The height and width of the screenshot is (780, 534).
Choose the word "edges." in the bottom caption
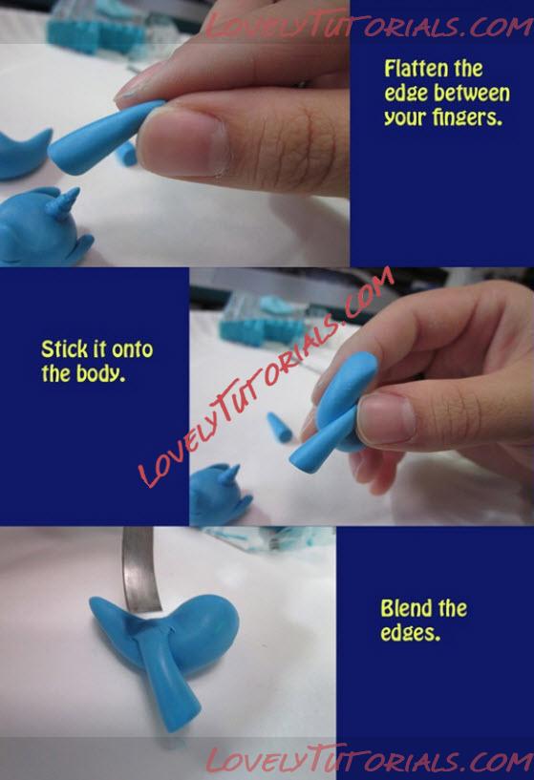[411, 633]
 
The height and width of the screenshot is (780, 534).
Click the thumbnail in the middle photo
[385, 419]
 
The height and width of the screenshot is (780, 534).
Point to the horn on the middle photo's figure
[229, 475]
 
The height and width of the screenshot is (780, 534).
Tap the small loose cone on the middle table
[279, 427]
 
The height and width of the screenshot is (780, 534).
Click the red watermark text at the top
[369, 25]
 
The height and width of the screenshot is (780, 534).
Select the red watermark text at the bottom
[370, 759]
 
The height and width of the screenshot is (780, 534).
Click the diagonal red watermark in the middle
[267, 377]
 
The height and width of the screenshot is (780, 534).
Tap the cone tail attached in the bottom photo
[167, 680]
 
